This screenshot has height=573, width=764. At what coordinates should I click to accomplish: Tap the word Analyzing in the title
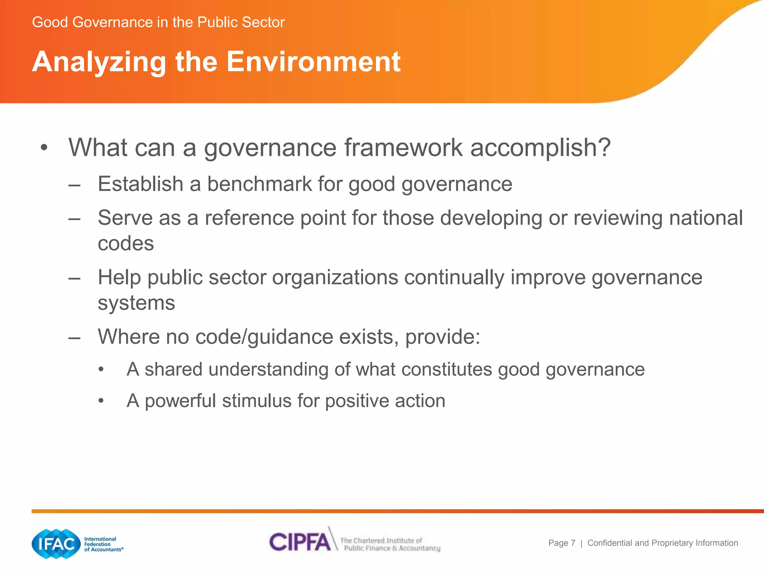point(99,62)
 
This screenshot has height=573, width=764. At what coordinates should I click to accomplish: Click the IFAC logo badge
point(56,544)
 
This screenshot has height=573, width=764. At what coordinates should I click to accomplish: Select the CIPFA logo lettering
point(300,542)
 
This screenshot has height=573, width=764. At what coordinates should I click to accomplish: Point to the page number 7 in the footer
point(573,543)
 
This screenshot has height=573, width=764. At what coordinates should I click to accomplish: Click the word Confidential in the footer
point(610,543)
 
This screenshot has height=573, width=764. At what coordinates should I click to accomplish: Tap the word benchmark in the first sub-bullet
point(260,184)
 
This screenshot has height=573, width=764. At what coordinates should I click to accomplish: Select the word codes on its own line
point(126,244)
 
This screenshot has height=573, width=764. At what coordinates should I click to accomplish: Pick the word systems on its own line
point(136,303)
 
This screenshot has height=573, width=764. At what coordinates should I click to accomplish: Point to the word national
point(706,218)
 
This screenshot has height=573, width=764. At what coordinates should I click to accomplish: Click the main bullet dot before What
point(44,148)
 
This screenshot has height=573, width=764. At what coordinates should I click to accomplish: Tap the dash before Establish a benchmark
point(75,185)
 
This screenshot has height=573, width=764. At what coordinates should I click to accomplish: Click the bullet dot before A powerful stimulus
point(101,401)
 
